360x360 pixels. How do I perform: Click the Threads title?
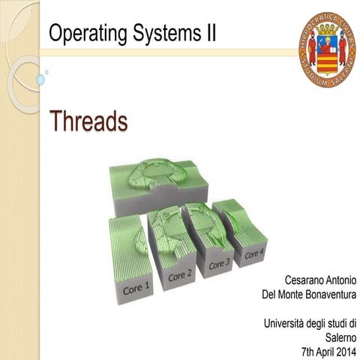coord(88,120)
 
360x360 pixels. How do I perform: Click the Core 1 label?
coord(136,286)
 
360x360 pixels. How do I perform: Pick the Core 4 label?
coord(254,254)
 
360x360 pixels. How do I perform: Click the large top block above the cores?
coord(157,180)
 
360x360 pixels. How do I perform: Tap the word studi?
coord(336,323)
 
